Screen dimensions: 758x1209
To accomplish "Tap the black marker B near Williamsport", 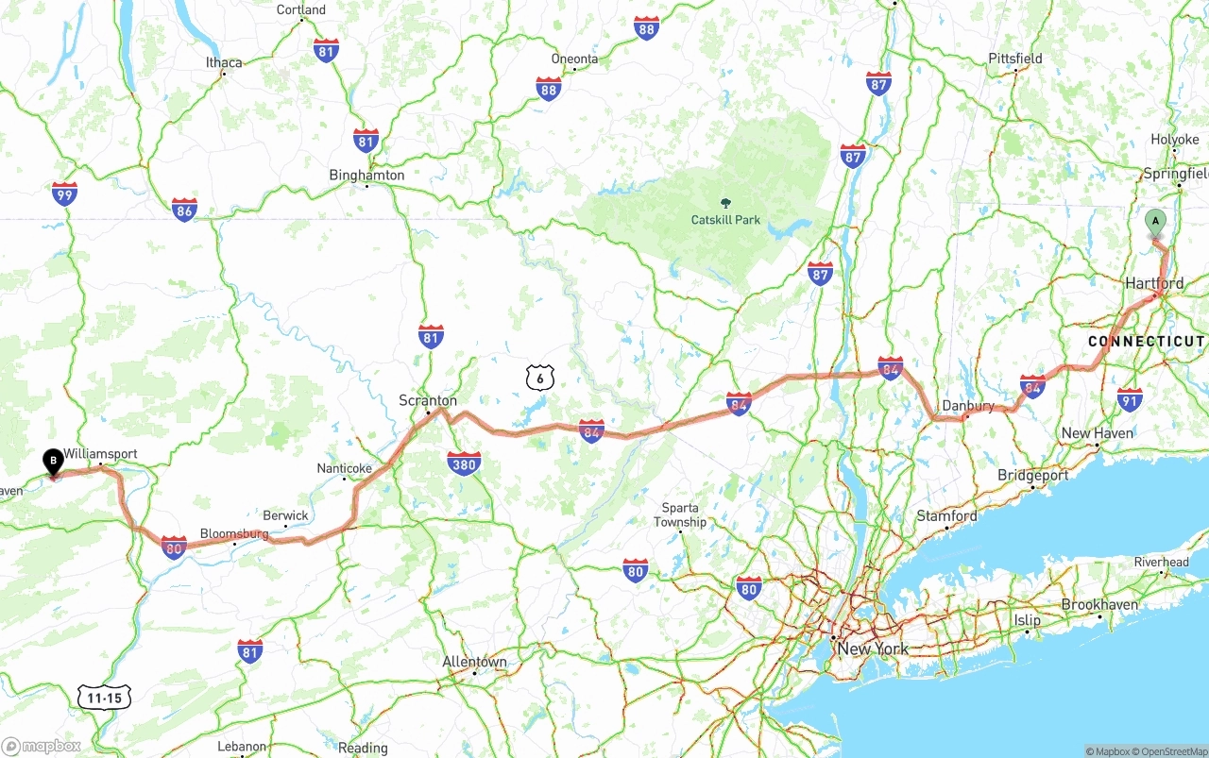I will (53, 462).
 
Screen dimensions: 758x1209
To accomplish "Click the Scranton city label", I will (428, 400).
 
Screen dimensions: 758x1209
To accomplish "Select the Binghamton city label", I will (366, 175).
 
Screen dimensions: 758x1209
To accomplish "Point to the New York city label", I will (873, 649).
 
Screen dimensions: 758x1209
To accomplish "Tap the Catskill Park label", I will (725, 220).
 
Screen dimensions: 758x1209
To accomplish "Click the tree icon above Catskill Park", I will (725, 202).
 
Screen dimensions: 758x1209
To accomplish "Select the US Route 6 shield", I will (539, 379).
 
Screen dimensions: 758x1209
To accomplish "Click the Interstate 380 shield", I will (464, 463).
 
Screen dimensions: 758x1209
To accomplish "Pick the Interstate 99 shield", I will (64, 194).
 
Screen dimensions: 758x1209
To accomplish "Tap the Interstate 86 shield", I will (184, 209).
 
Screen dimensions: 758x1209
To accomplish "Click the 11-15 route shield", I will (104, 698).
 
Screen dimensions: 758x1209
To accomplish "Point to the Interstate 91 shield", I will (1129, 398).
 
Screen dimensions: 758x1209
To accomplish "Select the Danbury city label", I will (968, 406).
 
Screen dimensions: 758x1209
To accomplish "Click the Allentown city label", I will (474, 662).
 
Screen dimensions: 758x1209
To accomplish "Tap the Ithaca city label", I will (224, 62).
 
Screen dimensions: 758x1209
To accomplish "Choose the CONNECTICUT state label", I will (1147, 341).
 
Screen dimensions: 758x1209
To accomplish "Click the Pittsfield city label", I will (1015, 59).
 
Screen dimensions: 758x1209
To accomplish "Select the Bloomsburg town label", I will (234, 533).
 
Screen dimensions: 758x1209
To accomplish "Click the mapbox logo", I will (42, 746).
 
